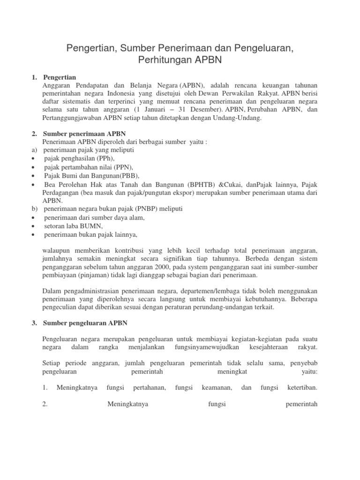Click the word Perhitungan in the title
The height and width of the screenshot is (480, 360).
point(162,60)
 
